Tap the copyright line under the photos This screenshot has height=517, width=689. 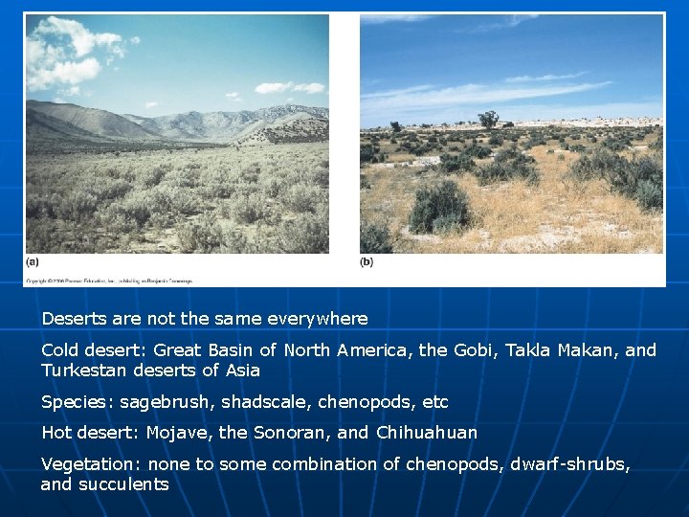coord(108,281)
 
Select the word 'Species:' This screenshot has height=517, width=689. coord(75,402)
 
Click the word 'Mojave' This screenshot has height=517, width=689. coord(179,433)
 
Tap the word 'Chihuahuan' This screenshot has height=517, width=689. coord(426,433)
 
